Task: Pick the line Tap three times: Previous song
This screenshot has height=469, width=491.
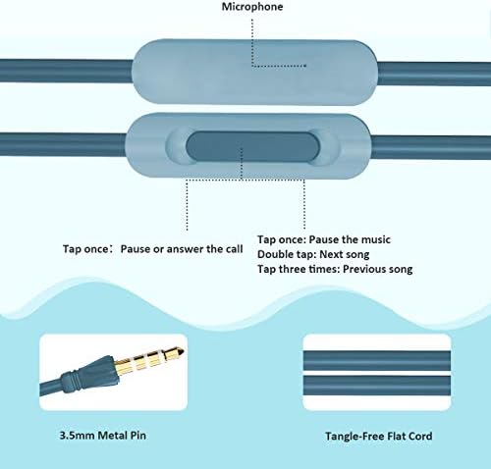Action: click(x=335, y=269)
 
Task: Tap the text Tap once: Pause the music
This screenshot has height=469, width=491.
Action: click(x=324, y=239)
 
